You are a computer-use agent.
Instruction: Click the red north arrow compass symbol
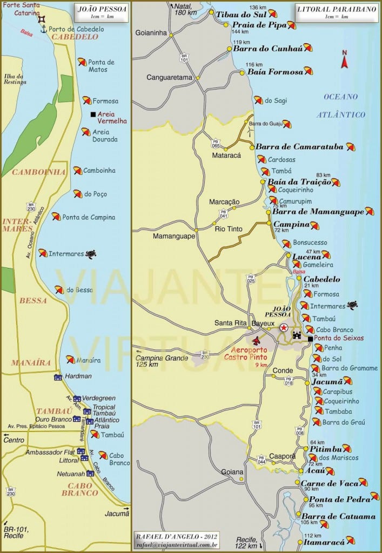click(x=344, y=59)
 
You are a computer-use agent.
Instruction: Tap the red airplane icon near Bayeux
click(x=256, y=340)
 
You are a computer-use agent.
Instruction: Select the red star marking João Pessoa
click(x=284, y=327)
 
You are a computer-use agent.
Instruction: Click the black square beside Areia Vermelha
click(x=93, y=114)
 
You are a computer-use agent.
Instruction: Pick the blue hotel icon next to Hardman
click(x=58, y=377)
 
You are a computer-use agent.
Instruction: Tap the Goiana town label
click(x=232, y=471)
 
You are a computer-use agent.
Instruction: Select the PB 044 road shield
click(x=261, y=459)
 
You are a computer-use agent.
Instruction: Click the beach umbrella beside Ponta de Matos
click(x=82, y=62)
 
